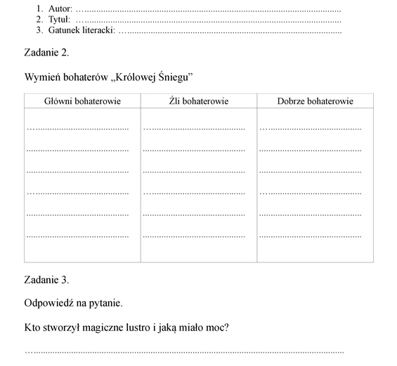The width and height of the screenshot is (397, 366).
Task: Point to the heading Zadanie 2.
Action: [46, 52]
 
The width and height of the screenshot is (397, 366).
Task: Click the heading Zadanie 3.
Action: [46, 279]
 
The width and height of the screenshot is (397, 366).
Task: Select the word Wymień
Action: [42, 76]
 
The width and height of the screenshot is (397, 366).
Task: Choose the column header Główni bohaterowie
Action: [82, 101]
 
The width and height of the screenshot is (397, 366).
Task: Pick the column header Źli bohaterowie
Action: [199, 101]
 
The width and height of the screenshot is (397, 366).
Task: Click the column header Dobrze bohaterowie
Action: [315, 101]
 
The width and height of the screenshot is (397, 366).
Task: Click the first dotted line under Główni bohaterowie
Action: [78, 129]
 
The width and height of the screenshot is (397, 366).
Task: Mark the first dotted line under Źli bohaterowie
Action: [195, 129]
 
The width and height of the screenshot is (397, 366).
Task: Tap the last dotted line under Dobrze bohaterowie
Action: [311, 236]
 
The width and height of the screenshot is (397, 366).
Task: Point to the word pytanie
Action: [105, 303]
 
